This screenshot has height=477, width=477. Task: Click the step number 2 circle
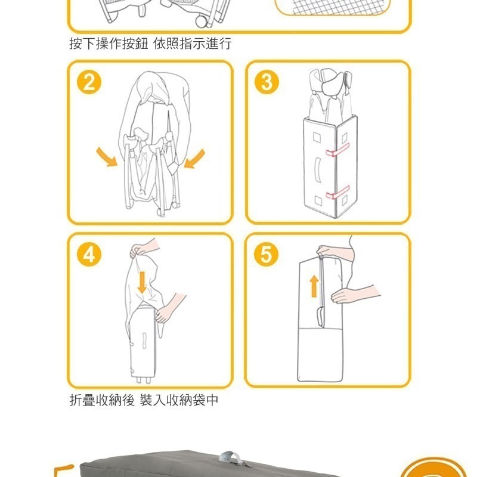tap(89, 82)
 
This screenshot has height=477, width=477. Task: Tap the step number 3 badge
tap(267, 82)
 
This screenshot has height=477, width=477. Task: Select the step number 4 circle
tap(89, 255)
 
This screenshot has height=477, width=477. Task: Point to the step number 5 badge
tap(266, 255)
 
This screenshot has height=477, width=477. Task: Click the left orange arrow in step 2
tap(107, 157)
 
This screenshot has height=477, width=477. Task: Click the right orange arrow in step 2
tap(194, 159)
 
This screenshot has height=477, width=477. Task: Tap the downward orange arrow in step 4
tap(142, 283)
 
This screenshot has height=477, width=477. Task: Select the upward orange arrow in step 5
tap(314, 286)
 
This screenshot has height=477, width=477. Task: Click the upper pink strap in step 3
tap(337, 150)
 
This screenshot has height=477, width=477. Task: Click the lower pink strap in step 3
tap(337, 193)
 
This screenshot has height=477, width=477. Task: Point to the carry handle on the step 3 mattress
tap(318, 170)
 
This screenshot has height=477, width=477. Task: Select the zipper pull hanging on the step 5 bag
tap(320, 317)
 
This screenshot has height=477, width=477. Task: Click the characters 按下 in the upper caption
tap(82, 44)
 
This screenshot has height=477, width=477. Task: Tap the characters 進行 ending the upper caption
tap(218, 44)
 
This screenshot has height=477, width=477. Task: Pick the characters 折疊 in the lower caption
tap(82, 400)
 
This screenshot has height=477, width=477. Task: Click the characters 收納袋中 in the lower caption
tap(192, 400)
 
